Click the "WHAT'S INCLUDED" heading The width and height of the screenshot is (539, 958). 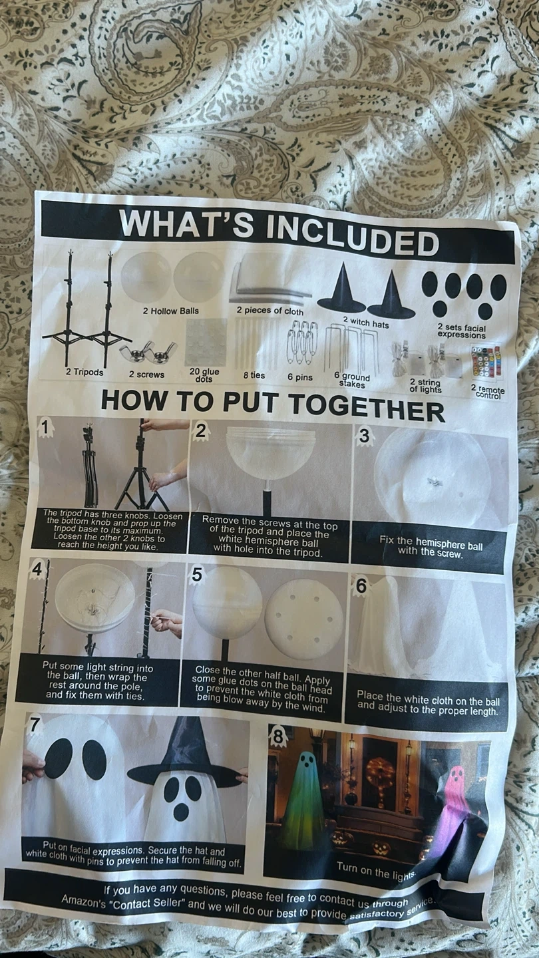279,232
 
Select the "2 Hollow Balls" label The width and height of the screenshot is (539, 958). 170,311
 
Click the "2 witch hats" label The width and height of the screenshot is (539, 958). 366,322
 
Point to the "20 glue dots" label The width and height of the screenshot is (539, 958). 204,375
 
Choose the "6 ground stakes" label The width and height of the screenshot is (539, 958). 352,381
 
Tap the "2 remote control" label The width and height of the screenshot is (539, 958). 488,391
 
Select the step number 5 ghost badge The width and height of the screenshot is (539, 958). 196,574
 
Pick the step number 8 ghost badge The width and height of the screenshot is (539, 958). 278,736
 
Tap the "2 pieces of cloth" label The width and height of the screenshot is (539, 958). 270,311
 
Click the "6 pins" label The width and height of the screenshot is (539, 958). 300,377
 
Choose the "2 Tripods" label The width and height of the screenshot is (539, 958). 85,372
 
